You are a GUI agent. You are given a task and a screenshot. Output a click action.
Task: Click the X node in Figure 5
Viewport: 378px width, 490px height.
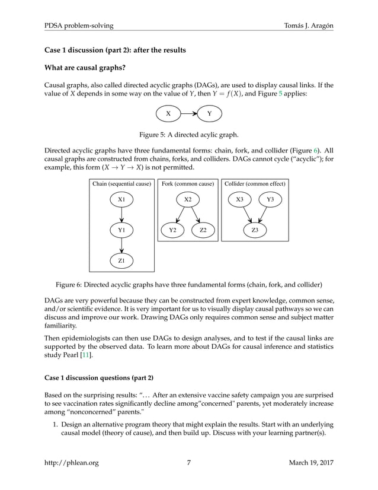[168, 113]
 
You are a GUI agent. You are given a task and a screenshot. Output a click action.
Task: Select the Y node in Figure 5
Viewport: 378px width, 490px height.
[209, 113]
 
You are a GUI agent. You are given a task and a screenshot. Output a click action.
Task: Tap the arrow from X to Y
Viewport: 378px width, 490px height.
[189, 113]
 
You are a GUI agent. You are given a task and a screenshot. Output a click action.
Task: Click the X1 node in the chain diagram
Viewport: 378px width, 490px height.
[121, 200]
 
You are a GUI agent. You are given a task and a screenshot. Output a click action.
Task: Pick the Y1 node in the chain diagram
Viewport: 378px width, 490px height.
[121, 230]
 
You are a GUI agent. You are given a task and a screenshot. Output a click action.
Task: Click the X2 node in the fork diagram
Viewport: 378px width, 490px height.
[187, 200]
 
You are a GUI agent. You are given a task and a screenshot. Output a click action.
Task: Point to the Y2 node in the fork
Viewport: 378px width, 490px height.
[172, 230]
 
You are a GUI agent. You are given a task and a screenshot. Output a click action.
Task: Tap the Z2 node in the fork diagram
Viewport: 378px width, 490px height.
[203, 230]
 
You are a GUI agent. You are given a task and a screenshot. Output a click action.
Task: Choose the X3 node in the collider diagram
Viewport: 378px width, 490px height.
[239, 200]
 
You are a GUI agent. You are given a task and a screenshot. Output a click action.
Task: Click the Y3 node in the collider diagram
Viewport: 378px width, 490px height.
[270, 200]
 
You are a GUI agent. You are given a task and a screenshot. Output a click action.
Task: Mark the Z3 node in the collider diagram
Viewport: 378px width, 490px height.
[255, 230]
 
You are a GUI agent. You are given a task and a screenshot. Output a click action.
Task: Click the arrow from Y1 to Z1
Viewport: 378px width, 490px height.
[121, 244]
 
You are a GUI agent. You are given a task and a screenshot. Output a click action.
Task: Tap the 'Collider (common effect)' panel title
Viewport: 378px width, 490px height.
[255, 184]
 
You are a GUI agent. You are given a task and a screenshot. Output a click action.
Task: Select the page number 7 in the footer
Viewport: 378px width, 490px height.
[188, 463]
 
